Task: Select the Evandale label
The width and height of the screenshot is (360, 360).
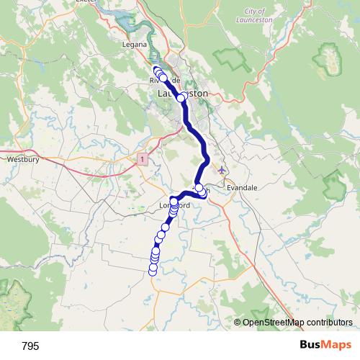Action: coord(241,187)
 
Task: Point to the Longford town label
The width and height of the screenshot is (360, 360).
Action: coord(174,205)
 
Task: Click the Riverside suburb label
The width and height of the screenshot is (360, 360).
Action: coord(164,79)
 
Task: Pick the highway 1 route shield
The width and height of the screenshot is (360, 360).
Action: coord(143,158)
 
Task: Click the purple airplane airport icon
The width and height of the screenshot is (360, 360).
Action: coord(221,171)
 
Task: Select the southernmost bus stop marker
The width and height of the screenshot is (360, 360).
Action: coord(153,270)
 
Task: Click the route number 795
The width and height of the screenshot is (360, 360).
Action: coord(31,346)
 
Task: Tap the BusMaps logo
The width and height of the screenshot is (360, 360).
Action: coord(326,346)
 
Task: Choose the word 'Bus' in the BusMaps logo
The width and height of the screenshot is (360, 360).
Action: coord(312,346)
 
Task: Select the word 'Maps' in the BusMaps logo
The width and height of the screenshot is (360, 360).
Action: coord(338,346)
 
